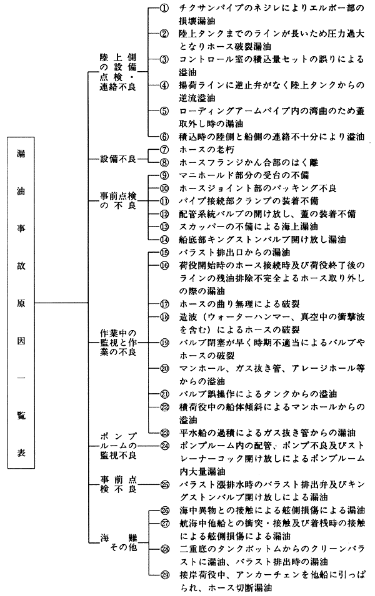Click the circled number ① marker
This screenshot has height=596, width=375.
164,8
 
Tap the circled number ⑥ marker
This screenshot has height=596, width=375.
164,137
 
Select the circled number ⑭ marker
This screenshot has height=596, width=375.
164,240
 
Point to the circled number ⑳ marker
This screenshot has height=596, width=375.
164,368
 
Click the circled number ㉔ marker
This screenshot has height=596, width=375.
164,446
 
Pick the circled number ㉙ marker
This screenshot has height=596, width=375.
164,575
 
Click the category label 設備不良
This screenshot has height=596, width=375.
118,159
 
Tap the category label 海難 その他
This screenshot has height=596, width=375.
118,542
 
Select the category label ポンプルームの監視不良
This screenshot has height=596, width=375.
118,446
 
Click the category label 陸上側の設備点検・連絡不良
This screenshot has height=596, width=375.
118,72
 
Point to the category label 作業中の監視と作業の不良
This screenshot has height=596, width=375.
118,343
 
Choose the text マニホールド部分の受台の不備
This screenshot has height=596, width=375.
244,175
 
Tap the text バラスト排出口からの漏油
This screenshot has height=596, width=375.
234,252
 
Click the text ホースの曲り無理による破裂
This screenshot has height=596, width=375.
239,304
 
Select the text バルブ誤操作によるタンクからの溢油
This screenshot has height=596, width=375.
258,394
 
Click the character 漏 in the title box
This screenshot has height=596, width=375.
21,154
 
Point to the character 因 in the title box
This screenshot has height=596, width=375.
21,340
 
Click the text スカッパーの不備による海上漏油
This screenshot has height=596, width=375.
249,227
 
